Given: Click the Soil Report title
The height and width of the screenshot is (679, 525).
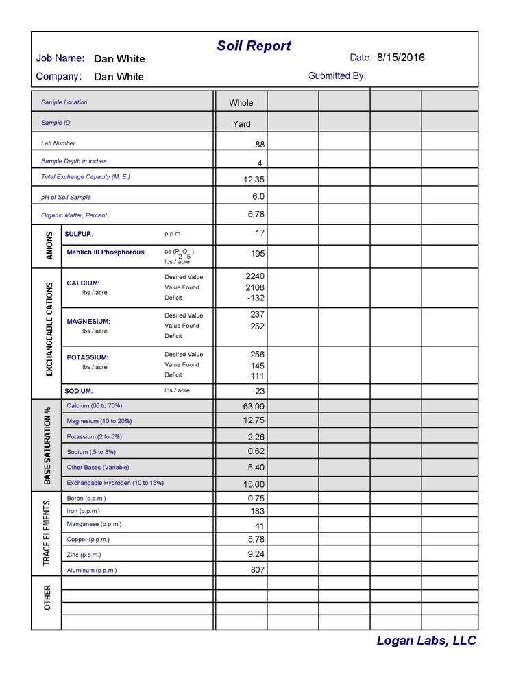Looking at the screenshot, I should coord(254,46).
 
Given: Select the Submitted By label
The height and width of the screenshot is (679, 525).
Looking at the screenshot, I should coord(337,75).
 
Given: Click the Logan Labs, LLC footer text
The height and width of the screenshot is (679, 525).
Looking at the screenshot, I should coord(426,641).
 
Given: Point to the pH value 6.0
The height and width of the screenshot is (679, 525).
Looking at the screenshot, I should coord(258,196).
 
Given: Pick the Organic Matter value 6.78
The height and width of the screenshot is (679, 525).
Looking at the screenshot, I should coord(256,214).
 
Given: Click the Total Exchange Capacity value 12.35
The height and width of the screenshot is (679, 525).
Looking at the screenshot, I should coord(254,179).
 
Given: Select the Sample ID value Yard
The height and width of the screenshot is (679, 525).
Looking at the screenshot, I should coord(241,124).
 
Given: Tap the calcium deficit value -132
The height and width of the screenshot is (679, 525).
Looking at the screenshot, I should coord(254,298).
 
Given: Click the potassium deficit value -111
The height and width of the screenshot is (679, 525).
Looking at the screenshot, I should coord(255,377).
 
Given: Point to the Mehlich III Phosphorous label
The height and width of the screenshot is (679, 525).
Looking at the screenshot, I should coord(106,252).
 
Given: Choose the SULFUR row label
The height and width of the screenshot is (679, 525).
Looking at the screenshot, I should coord(79,234).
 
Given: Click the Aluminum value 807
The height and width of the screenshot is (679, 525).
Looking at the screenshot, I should coord(257,569).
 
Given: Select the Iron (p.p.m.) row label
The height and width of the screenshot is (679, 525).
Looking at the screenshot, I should coord(83,511).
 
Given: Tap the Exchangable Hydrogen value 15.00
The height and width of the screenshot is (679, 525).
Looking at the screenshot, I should coord(254,484).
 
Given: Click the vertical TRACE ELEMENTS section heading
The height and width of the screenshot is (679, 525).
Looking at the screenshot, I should coord(47,533).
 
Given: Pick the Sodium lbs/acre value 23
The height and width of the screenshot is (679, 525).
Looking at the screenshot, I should coord(259,391).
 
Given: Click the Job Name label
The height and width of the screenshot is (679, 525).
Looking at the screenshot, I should coord(60,58).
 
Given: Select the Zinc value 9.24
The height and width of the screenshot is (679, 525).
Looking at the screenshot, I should coord(256,554).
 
